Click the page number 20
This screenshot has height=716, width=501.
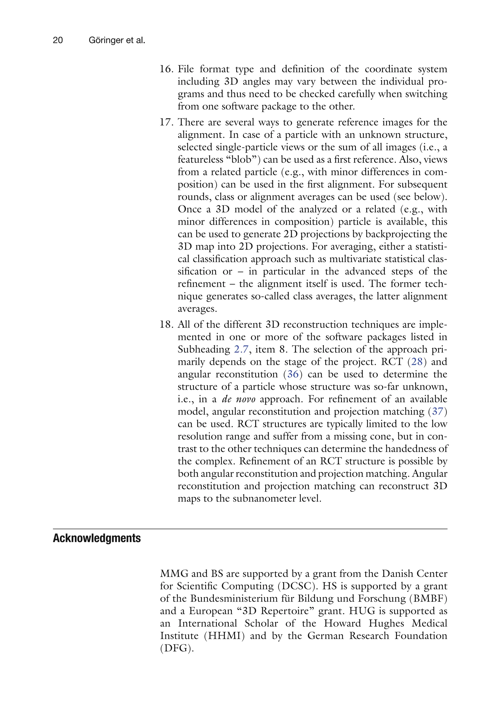(58, 40)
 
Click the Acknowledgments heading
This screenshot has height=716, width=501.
(97, 538)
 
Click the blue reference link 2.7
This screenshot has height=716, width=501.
(241, 349)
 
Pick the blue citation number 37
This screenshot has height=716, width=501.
(438, 412)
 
